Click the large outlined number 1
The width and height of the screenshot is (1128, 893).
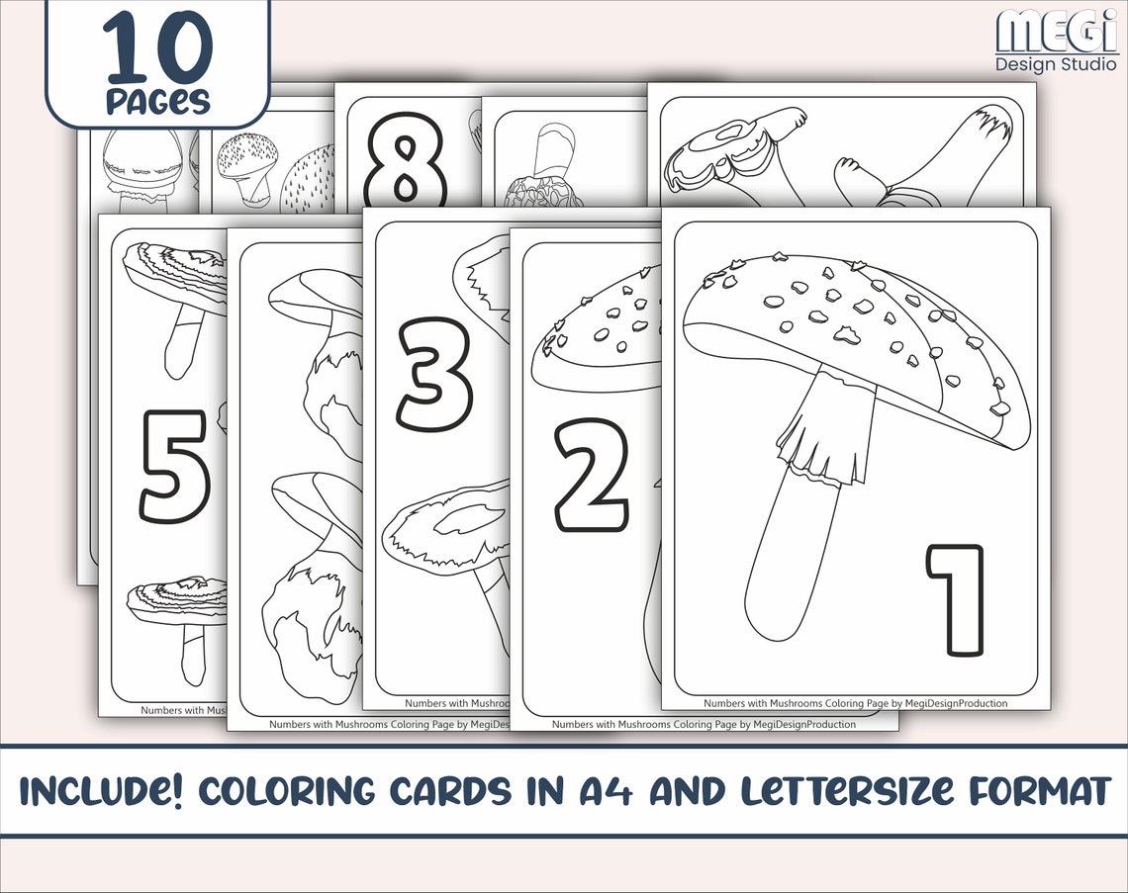pos(957,600)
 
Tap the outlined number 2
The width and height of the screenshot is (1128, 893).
pos(591,476)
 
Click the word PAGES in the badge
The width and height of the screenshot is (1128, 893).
pos(157,101)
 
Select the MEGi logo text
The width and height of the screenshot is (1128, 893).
pos(1055,31)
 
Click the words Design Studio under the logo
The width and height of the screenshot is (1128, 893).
pos(1055,64)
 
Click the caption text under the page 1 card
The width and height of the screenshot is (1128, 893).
pos(855,703)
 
